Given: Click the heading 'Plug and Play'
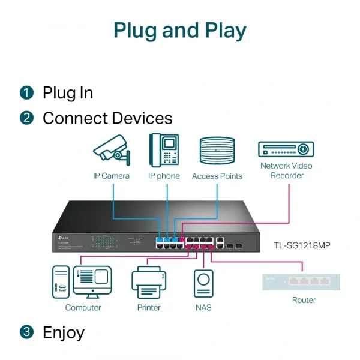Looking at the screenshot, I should coord(180,30).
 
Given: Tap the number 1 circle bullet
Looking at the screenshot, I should coord(26,92).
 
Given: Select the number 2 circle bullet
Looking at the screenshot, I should coord(26,118).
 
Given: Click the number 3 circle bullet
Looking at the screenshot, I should coord(26,332).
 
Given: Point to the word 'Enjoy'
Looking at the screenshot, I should coord(63,332).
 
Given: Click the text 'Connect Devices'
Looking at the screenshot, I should coord(107,118).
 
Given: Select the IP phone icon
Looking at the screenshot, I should coord(164,149).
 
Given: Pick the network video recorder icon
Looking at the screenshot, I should coord(286,149).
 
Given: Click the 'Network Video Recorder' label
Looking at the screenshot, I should coord(287,170).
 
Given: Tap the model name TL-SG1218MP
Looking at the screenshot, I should coord(302,245).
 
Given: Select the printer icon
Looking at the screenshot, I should coord(148,282).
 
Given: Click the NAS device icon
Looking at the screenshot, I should coord(203,283).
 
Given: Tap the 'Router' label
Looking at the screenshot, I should coord(304,300).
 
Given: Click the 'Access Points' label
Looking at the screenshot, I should coord(217,176).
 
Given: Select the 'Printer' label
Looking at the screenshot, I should coord(149,307).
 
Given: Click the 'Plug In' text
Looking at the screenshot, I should coord(68,92).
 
